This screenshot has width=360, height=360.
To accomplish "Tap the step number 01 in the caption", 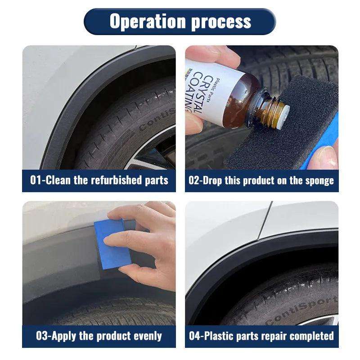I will (x=36, y=180).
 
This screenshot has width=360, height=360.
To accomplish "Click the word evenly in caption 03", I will (x=147, y=336).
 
